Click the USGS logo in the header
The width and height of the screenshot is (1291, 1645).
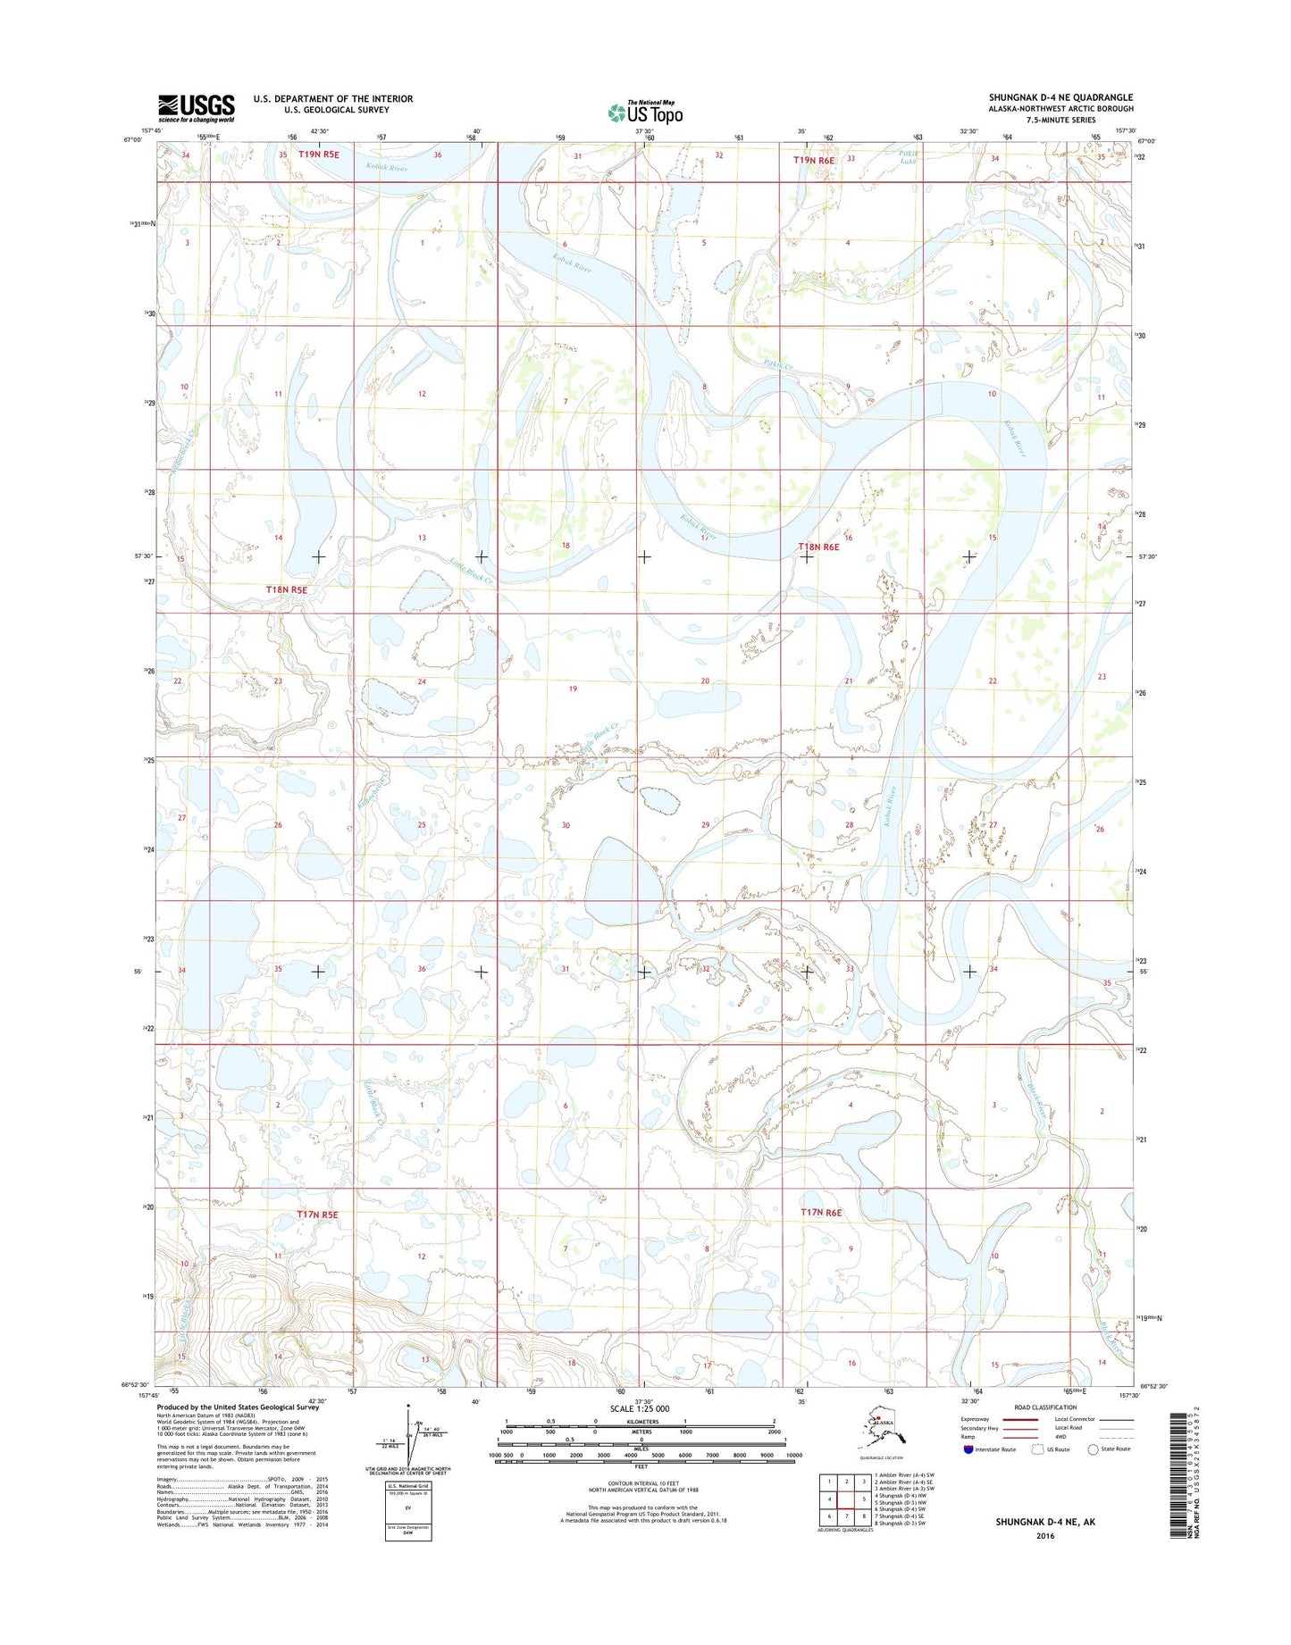point(196,107)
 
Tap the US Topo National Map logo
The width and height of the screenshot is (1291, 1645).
point(645,112)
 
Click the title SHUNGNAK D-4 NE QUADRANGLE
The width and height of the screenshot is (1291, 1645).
point(1060,97)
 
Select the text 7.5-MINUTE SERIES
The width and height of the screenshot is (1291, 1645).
point(1060,120)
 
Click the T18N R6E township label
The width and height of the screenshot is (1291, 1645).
point(818,547)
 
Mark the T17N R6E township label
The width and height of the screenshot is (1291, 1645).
point(821,1212)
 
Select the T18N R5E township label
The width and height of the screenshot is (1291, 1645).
point(287,590)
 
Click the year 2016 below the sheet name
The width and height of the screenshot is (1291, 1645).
point(1044,1536)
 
